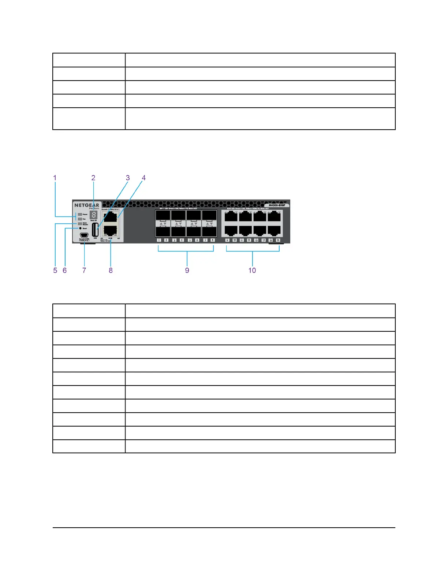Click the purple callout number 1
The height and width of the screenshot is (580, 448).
pos(55,178)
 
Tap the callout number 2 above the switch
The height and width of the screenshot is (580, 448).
pos(93,178)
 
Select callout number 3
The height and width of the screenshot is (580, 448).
pos(128,178)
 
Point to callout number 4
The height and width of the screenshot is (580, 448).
pos(144,178)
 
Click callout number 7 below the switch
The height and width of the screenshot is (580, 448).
pos(84,270)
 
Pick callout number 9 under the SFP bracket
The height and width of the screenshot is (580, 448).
pos(187,270)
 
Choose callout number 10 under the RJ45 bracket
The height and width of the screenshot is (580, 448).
pos(252,270)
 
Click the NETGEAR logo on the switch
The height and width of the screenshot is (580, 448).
pos(87,205)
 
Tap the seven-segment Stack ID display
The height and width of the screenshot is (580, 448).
pos(93,215)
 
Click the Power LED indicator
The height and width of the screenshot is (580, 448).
pos(80,214)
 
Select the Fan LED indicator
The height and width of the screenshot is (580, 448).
pos(80,219)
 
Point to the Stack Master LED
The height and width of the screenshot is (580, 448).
pos(80,223)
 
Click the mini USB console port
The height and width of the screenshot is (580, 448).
pos(84,235)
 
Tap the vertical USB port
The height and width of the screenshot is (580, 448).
pos(95,230)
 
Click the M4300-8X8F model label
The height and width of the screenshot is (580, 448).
pos(277,205)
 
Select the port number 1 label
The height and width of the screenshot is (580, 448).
pos(159,240)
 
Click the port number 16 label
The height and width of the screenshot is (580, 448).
pos(278,240)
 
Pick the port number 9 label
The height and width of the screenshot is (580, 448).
pos(227,240)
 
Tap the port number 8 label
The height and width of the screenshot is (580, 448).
pos(213,240)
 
